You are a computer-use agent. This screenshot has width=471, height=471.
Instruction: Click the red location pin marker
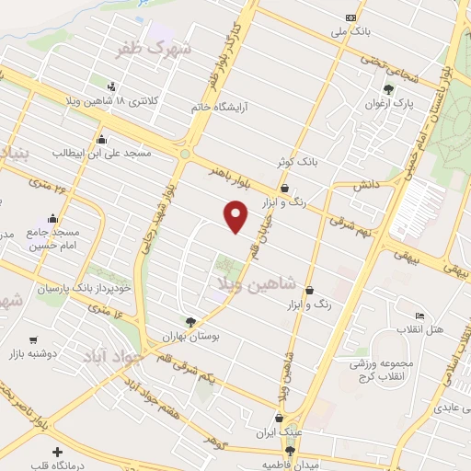[x=236, y=216]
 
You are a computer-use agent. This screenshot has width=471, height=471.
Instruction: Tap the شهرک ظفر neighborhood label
[x=154, y=49]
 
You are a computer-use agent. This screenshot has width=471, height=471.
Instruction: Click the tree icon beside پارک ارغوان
[x=388, y=90]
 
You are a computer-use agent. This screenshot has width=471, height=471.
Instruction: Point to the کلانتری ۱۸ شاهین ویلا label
[x=113, y=99]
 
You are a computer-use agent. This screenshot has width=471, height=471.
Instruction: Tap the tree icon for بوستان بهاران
[x=191, y=322]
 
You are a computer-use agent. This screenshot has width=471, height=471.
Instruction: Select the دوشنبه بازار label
[x=33, y=353]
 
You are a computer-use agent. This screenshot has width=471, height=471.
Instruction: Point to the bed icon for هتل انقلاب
[x=419, y=316]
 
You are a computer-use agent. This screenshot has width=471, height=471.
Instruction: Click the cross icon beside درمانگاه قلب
[x=58, y=453]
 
